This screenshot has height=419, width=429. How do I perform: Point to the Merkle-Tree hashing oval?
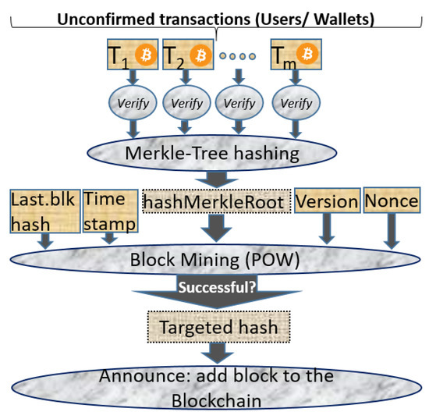pos(212,152)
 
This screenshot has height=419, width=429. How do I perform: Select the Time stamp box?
pos(108,211)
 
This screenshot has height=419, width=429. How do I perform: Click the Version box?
pos(327,201)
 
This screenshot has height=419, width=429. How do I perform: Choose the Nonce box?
pos(390,201)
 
